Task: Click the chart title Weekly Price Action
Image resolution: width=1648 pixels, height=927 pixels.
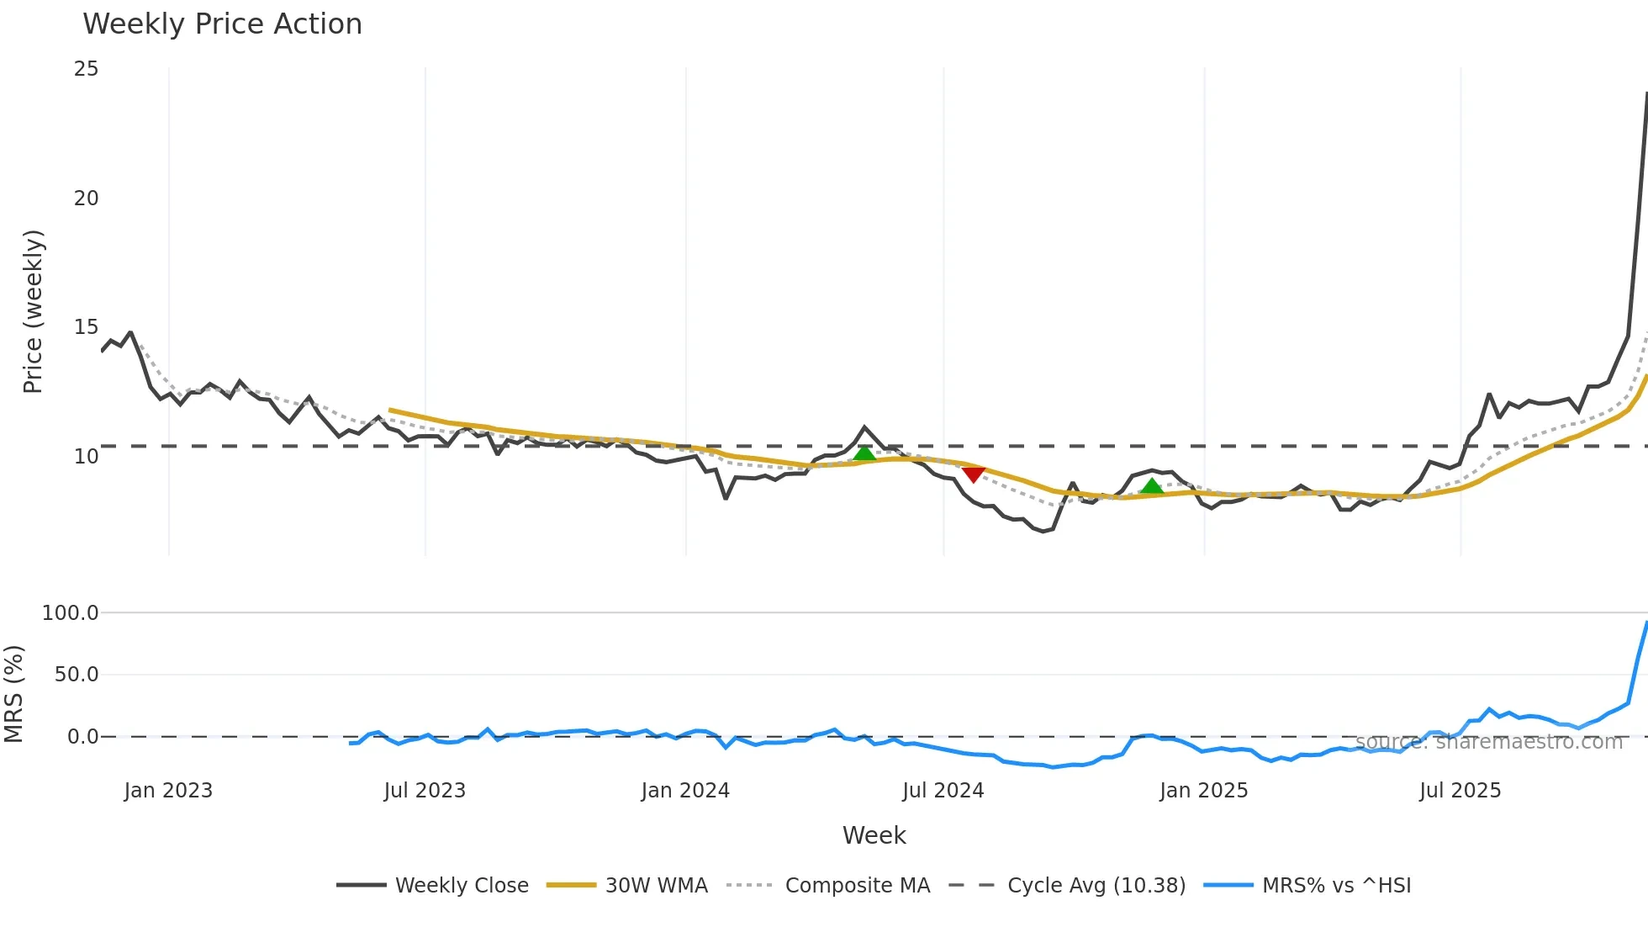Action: (222, 24)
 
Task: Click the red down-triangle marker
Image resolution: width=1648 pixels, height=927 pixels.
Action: (973, 475)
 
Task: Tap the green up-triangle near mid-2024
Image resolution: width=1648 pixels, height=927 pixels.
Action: (864, 454)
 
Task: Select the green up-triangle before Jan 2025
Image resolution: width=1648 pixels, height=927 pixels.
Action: (1152, 486)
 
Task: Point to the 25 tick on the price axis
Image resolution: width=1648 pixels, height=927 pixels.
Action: (86, 69)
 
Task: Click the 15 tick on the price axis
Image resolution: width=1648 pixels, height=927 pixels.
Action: (86, 327)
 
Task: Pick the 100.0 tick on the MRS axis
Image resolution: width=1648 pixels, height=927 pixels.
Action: (70, 613)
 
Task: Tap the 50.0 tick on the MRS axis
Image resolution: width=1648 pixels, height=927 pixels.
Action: (76, 675)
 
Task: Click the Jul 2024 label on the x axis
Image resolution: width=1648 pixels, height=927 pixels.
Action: (943, 791)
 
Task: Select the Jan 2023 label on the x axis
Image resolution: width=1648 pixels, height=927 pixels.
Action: (168, 791)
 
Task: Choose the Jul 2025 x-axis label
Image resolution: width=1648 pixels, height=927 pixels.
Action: (1460, 791)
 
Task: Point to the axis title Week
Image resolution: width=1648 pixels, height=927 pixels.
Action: (874, 835)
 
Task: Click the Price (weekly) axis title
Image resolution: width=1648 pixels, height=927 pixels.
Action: (33, 311)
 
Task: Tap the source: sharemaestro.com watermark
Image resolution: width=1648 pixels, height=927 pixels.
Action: (1488, 742)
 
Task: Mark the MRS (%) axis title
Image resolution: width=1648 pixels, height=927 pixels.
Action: (14, 694)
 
